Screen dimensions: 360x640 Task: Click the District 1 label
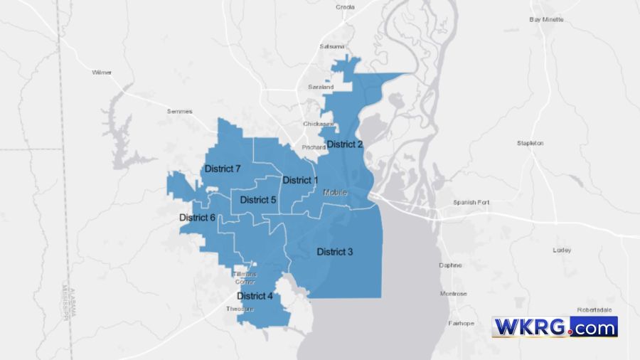tap(300, 180)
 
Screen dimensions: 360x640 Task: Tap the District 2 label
tap(345, 144)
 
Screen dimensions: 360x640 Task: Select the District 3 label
tap(334, 252)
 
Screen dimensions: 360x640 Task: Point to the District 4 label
tap(255, 295)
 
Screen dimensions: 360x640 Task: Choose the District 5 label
tap(257, 200)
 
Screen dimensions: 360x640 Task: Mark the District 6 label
tap(197, 217)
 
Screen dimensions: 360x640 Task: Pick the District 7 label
tap(223, 169)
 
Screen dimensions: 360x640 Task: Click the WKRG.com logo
tap(555, 327)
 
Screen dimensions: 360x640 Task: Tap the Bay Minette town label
tap(546, 19)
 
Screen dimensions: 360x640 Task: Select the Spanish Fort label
tap(471, 203)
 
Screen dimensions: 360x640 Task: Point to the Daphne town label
tap(450, 265)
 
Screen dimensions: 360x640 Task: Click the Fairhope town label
tap(461, 323)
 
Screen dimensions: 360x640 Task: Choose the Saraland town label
tap(321, 87)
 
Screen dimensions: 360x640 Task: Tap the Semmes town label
tap(179, 111)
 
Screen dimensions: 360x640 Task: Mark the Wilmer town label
tap(102, 73)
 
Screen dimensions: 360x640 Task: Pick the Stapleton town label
tap(530, 143)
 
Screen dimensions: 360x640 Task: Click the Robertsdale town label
tap(594, 310)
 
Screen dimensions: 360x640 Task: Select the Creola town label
tap(345, 7)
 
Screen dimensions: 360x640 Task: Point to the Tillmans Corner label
tap(245, 277)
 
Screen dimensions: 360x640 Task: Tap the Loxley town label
tap(562, 250)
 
